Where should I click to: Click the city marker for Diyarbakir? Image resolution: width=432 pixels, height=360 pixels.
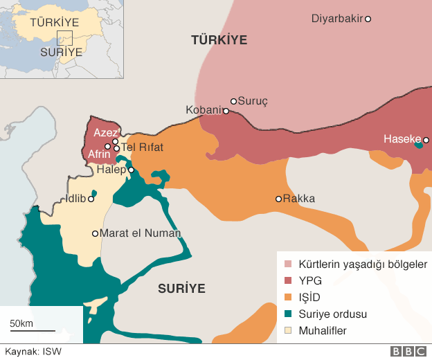368,19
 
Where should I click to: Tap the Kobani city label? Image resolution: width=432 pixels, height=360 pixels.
204,110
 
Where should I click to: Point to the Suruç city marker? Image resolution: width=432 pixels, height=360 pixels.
234,101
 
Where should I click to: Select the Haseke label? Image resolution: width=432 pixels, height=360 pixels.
402,140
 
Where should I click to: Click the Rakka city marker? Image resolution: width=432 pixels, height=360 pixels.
278,199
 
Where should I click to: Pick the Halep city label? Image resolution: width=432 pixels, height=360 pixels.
111,170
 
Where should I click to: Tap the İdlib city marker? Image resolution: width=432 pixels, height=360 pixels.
91,199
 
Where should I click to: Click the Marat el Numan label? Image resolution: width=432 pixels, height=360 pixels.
141,233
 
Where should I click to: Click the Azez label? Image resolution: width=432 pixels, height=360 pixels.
106,133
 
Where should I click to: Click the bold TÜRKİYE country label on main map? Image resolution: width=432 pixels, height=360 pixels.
219,41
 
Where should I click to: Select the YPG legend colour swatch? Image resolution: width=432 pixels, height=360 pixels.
289,281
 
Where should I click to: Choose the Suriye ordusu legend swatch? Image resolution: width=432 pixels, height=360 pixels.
289,314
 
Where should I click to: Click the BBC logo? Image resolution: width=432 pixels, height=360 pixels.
408,352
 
